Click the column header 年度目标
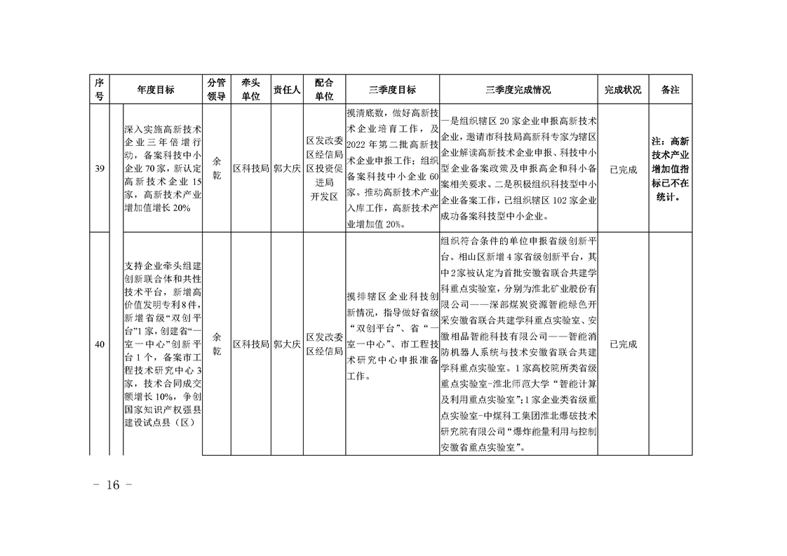pyautogui.click(x=156, y=90)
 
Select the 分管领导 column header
pyautogui.click(x=216, y=90)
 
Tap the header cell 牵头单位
pyautogui.click(x=250, y=90)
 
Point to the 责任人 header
pyautogui.click(x=287, y=90)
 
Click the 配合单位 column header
pyautogui.click(x=324, y=90)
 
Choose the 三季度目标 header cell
pyautogui.click(x=392, y=90)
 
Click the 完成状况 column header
pyautogui.click(x=622, y=90)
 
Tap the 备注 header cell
pyautogui.click(x=671, y=90)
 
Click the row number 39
pyautogui.click(x=99, y=169)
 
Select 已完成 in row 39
pyautogui.click(x=622, y=169)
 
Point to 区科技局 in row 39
pyautogui.click(x=250, y=169)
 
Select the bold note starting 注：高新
pyautogui.click(x=671, y=169)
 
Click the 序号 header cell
pyautogui.click(x=99, y=90)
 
